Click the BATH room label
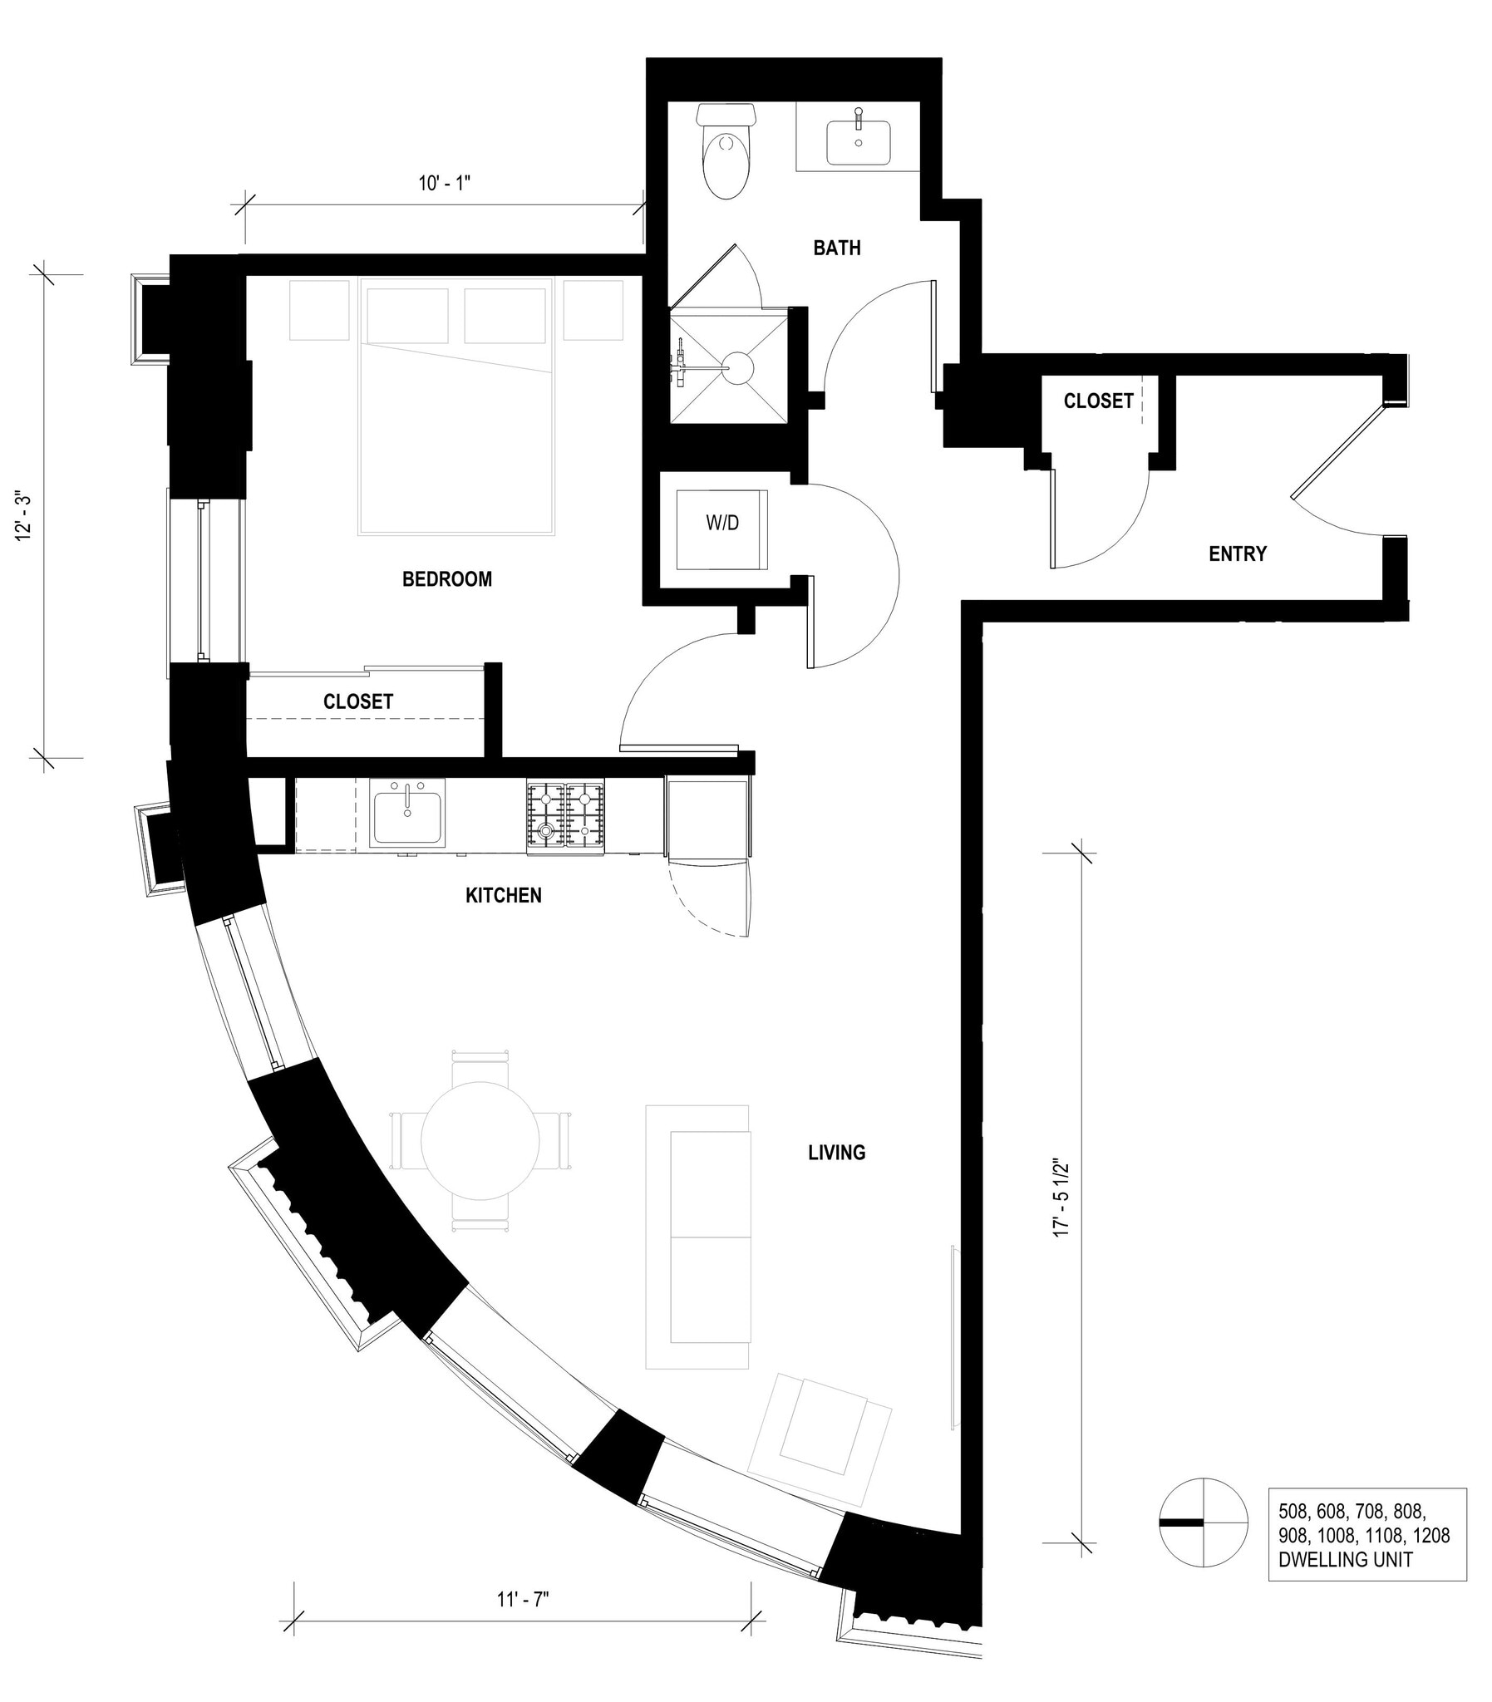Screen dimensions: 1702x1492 tap(837, 247)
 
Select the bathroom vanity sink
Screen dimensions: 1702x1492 tap(859, 142)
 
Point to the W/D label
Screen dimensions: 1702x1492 tap(721, 524)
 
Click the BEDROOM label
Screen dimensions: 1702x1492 tap(447, 579)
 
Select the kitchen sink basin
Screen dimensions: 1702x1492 tap(407, 816)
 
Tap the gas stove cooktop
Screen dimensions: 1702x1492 tap(565, 818)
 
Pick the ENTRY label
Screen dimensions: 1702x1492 tap(1237, 553)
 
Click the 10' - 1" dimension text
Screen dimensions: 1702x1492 tap(445, 183)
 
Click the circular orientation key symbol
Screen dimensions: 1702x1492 tap(1203, 1522)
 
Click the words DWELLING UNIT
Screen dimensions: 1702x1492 tap(1345, 1559)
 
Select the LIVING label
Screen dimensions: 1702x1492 tap(837, 1152)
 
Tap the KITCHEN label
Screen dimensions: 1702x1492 tap(503, 896)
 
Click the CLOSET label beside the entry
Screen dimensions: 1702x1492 tap(1098, 401)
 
